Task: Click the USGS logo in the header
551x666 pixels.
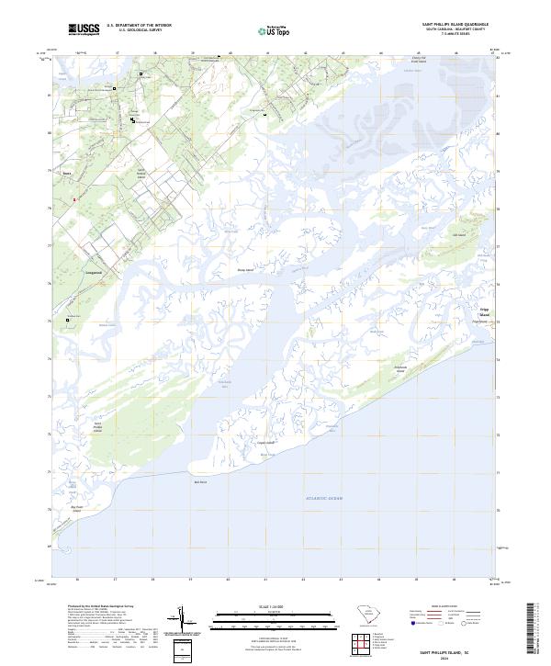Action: tap(84, 30)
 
